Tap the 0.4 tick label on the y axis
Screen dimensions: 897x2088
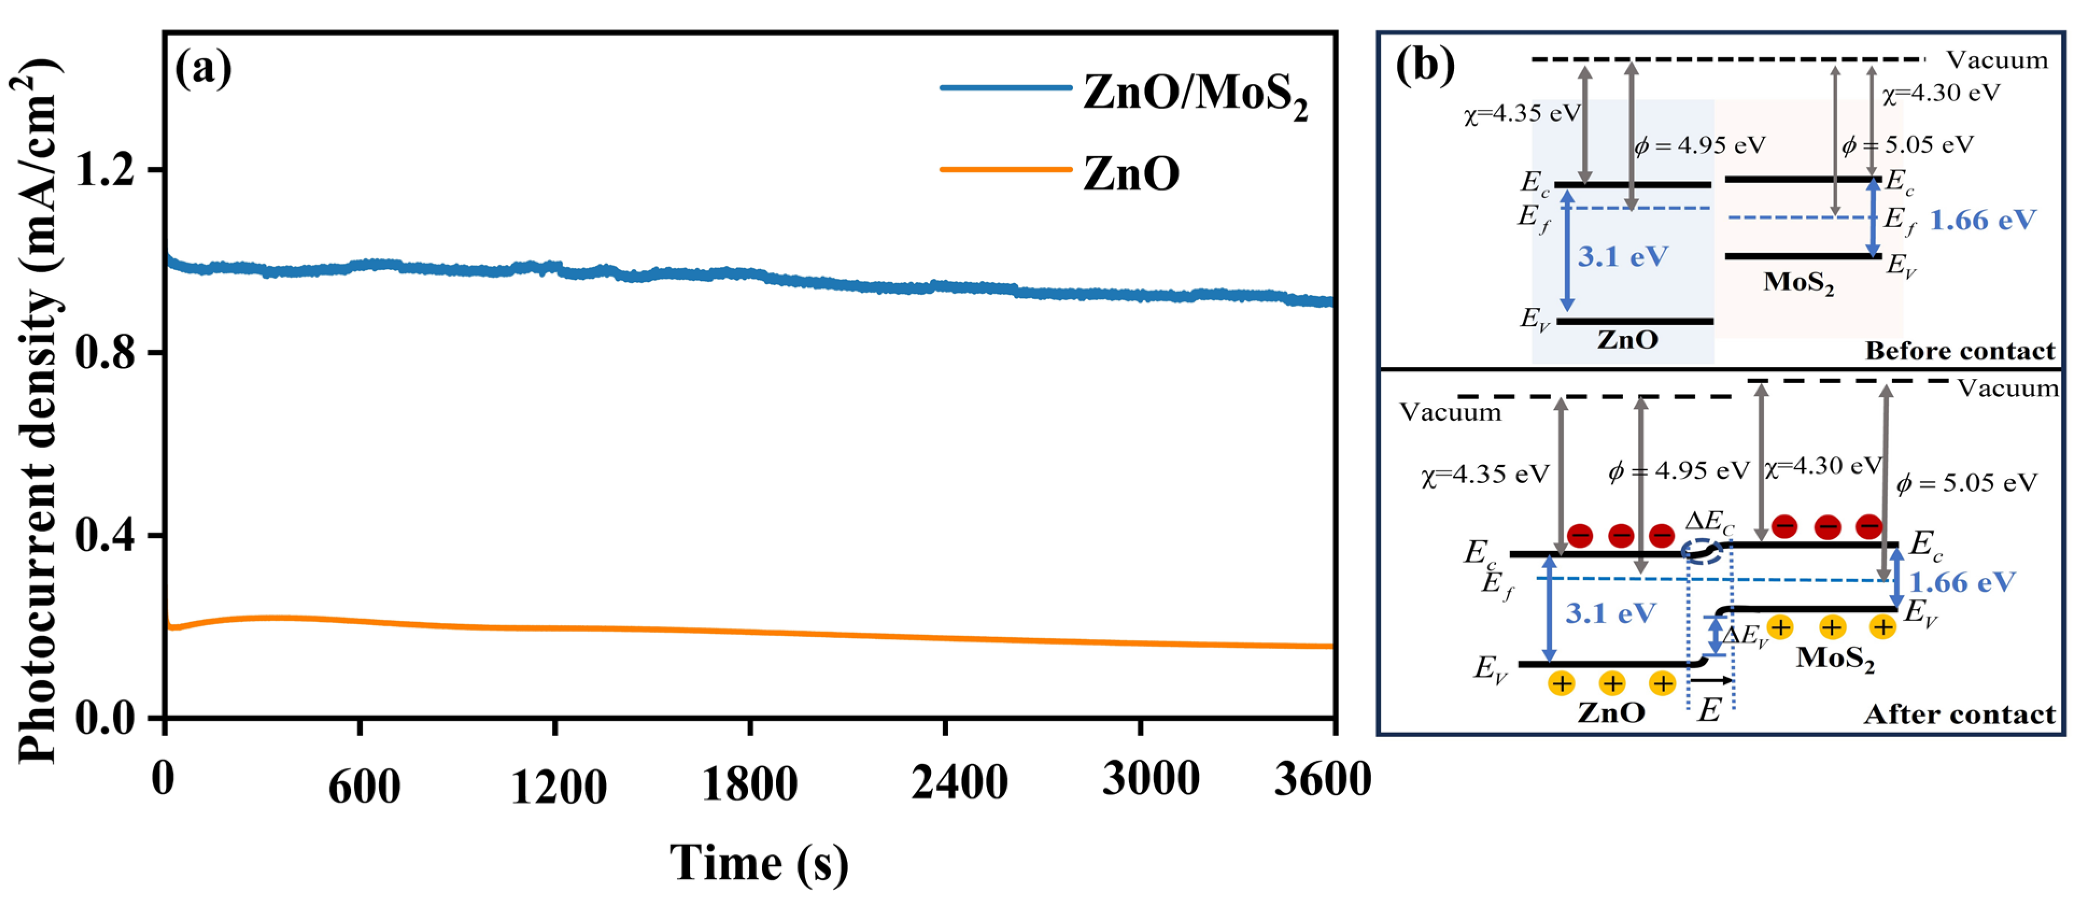tap(106, 535)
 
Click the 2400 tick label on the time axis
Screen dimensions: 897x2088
tap(959, 783)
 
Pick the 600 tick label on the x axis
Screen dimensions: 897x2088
tap(364, 786)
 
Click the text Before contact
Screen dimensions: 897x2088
tap(1959, 351)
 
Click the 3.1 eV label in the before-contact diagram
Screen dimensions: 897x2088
tap(1622, 256)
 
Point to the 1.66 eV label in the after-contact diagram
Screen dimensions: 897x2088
tap(1962, 582)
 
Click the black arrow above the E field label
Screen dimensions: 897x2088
tap(1710, 681)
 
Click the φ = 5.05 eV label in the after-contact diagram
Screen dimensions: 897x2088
tap(1966, 483)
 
